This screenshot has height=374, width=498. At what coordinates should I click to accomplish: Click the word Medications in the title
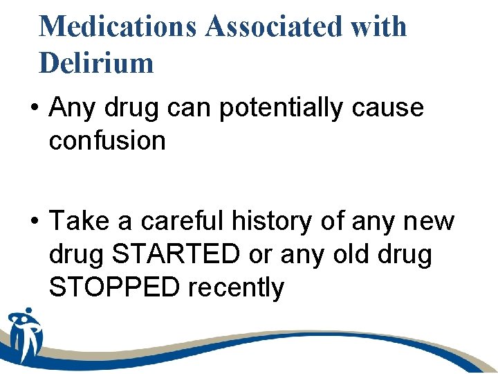[118, 27]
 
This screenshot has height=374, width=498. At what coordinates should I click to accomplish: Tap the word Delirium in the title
[96, 63]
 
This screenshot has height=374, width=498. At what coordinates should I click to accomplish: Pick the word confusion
[107, 141]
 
